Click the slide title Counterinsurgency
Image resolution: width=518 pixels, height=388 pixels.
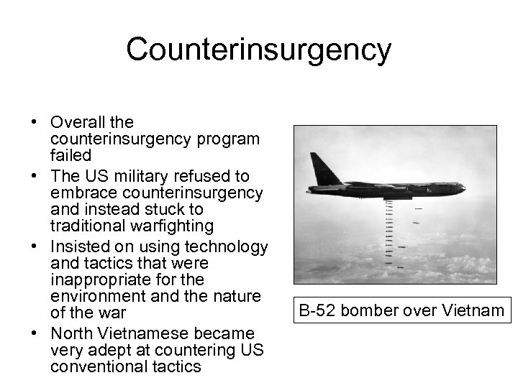click(x=258, y=50)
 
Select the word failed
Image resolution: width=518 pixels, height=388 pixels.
click(x=71, y=156)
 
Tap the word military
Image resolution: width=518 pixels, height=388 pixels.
click(x=134, y=176)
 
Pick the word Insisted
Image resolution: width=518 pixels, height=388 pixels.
click(x=80, y=246)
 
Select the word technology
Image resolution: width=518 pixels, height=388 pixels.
click(x=229, y=246)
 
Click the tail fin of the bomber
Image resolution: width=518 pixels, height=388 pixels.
click(x=317, y=170)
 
